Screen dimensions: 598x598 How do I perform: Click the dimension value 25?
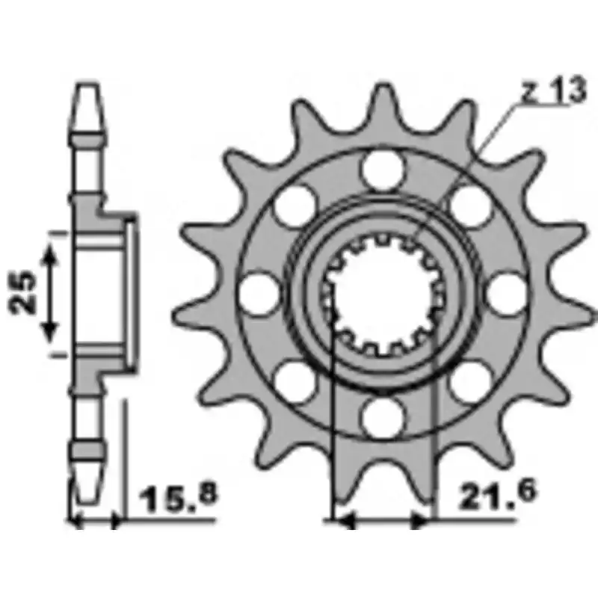point(22,292)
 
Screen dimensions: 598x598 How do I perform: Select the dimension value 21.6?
point(498,495)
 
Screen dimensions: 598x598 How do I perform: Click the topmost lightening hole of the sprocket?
point(383,170)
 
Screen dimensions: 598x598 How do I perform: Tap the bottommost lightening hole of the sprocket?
point(383,418)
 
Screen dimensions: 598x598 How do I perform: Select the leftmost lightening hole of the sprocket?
point(259,294)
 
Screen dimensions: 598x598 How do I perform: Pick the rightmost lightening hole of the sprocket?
point(507,294)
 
